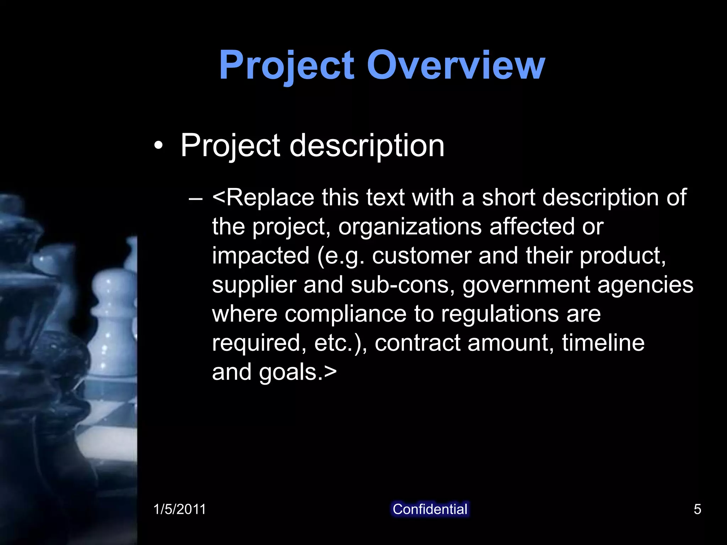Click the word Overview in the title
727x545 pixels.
(456, 65)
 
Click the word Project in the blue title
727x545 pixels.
(286, 65)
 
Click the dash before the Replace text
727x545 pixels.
(196, 199)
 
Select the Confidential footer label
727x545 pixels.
(430, 509)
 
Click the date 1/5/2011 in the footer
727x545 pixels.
(179, 509)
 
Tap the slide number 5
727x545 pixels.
(697, 509)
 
